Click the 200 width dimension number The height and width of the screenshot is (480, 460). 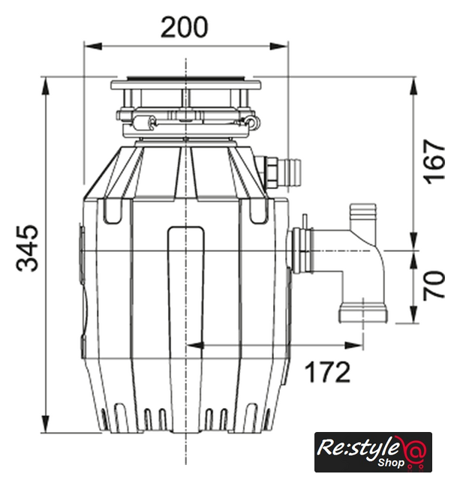[x=185, y=27]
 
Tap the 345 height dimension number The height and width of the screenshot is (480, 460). [x=27, y=248]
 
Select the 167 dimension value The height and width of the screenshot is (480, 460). [x=434, y=162]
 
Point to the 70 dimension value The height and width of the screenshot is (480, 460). [x=434, y=285]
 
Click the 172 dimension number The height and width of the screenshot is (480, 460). [x=327, y=372]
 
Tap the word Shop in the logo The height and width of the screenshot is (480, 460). [x=391, y=462]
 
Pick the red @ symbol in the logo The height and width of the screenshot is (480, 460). [x=414, y=450]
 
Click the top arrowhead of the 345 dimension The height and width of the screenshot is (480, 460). [x=46, y=85]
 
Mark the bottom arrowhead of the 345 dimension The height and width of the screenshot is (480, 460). [x=46, y=424]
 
